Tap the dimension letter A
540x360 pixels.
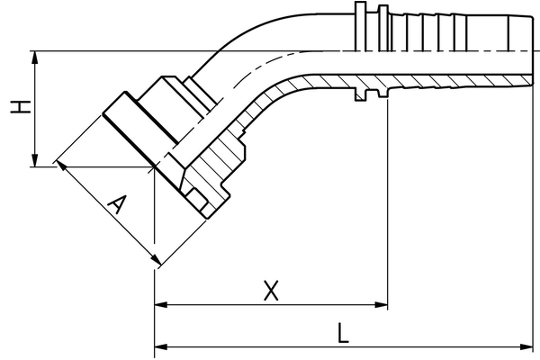point(114,206)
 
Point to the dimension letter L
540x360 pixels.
point(343,333)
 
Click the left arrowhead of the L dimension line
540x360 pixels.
point(161,346)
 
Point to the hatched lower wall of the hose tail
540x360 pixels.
point(432,82)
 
